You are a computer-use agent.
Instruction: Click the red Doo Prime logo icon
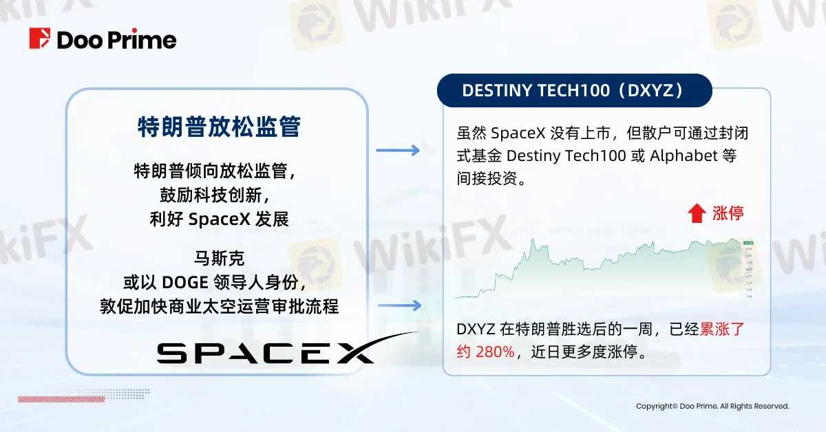pyautogui.click(x=40, y=39)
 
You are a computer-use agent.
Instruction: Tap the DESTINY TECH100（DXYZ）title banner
pyautogui.click(x=575, y=91)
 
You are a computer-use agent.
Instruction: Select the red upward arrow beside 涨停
pyautogui.click(x=697, y=213)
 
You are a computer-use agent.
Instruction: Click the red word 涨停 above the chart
pyautogui.click(x=728, y=213)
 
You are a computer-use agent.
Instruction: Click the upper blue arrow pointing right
pyautogui.click(x=398, y=150)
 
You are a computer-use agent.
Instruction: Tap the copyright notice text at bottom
pyautogui.click(x=712, y=406)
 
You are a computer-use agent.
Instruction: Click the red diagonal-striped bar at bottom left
pyautogui.click(x=41, y=398)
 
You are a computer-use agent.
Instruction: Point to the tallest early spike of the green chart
pyautogui.click(x=533, y=241)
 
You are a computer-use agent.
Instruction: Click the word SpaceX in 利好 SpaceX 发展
pyautogui.click(x=220, y=220)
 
